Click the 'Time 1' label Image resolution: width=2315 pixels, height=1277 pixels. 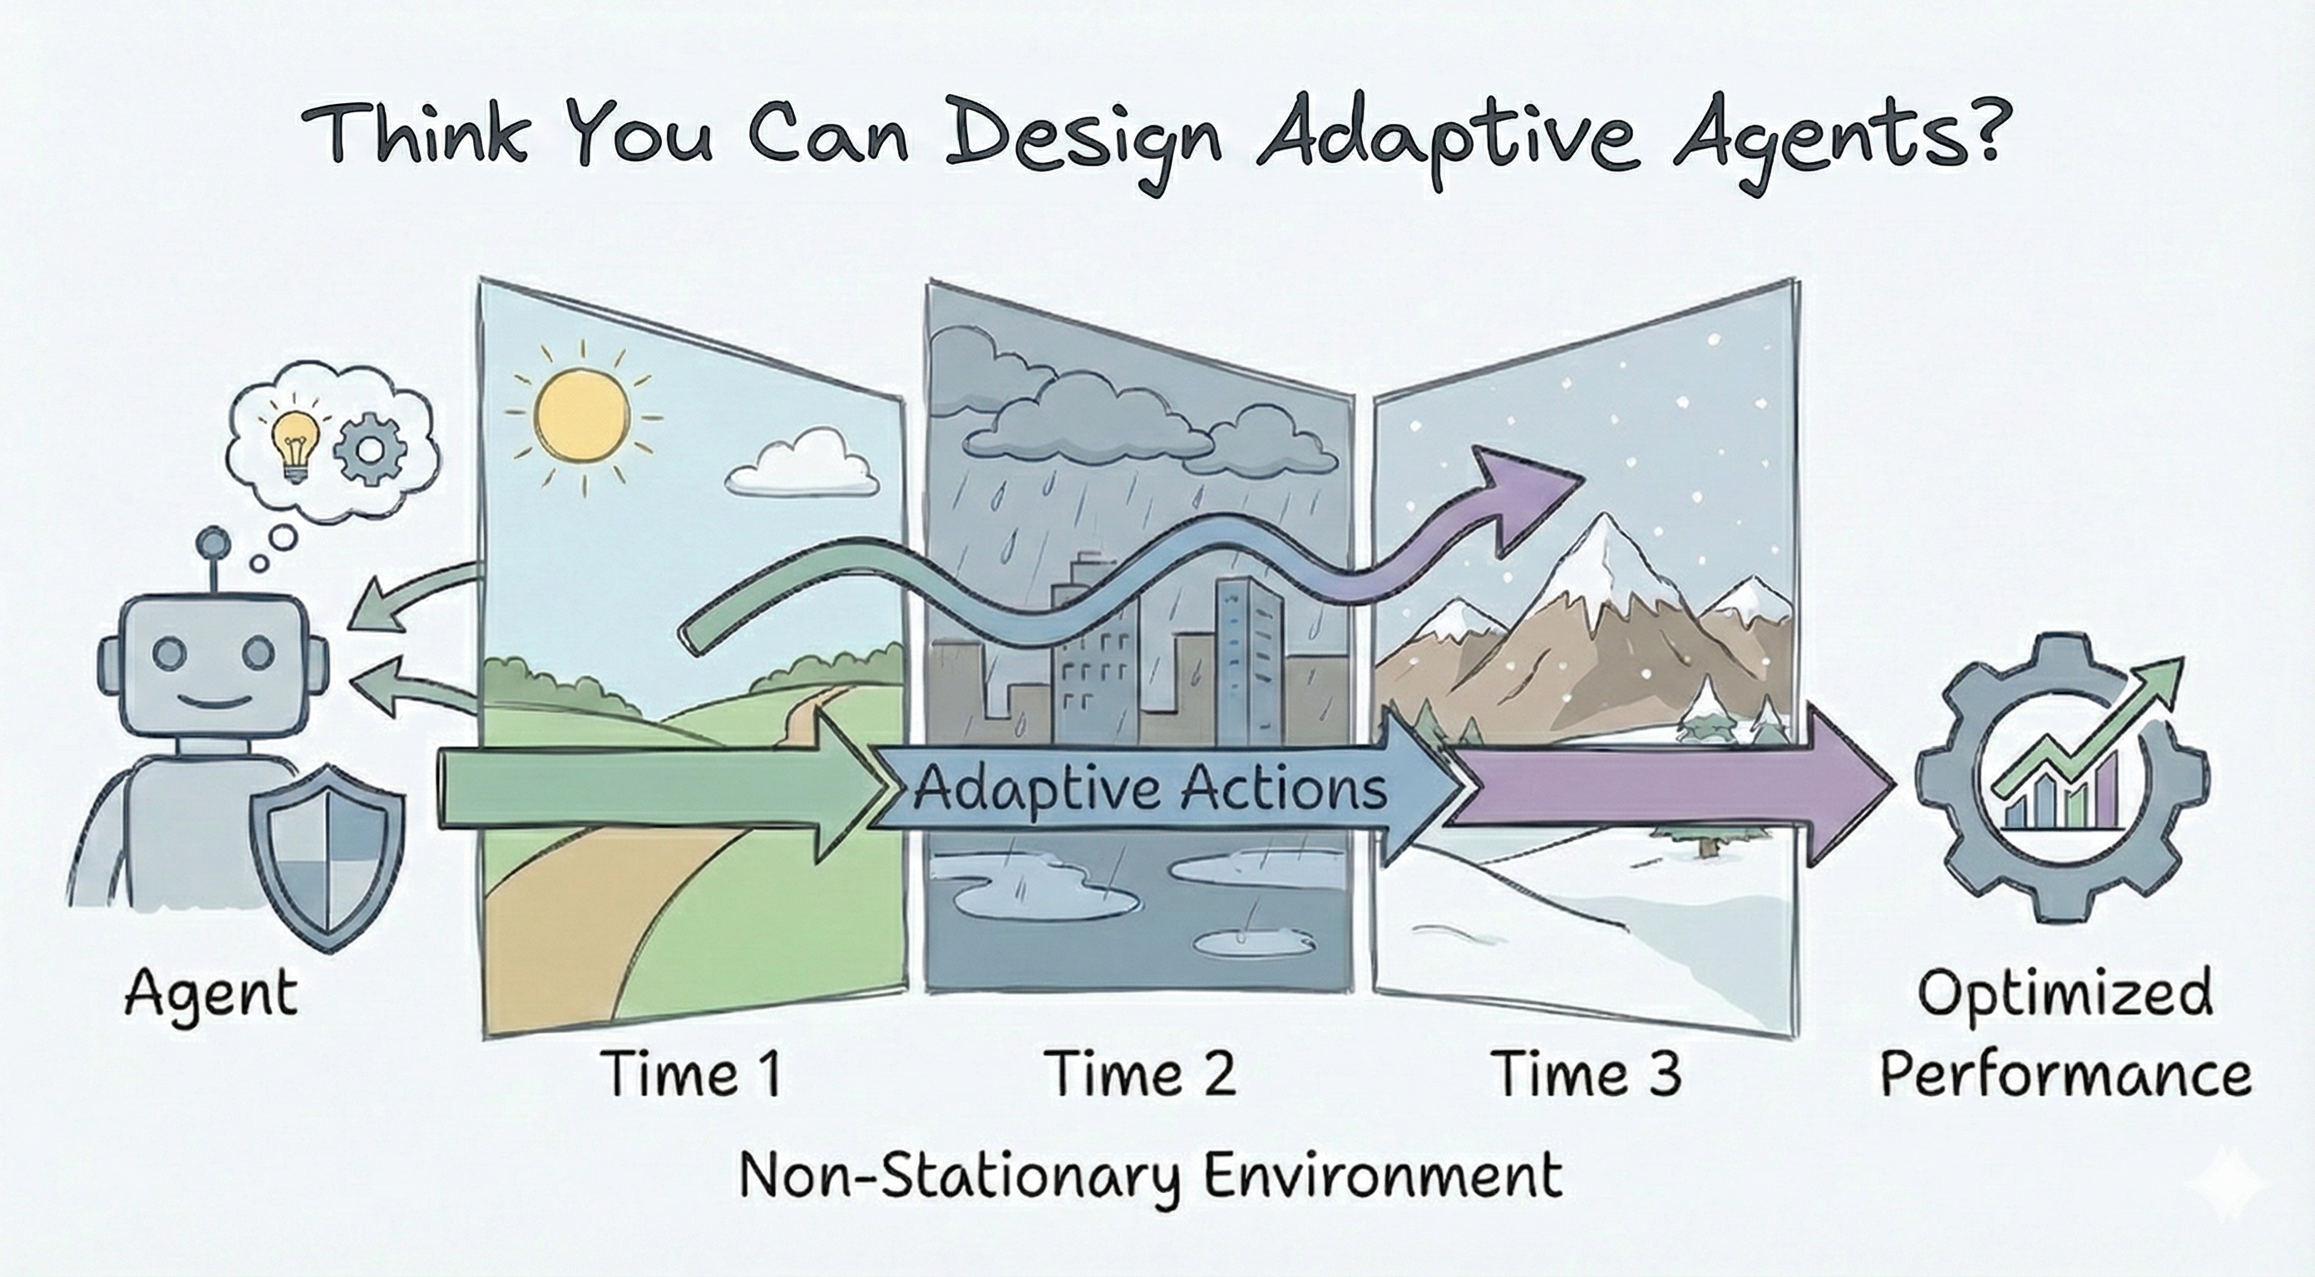(x=692, y=1074)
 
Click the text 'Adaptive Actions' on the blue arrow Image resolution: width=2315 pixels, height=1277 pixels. (x=1150, y=789)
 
